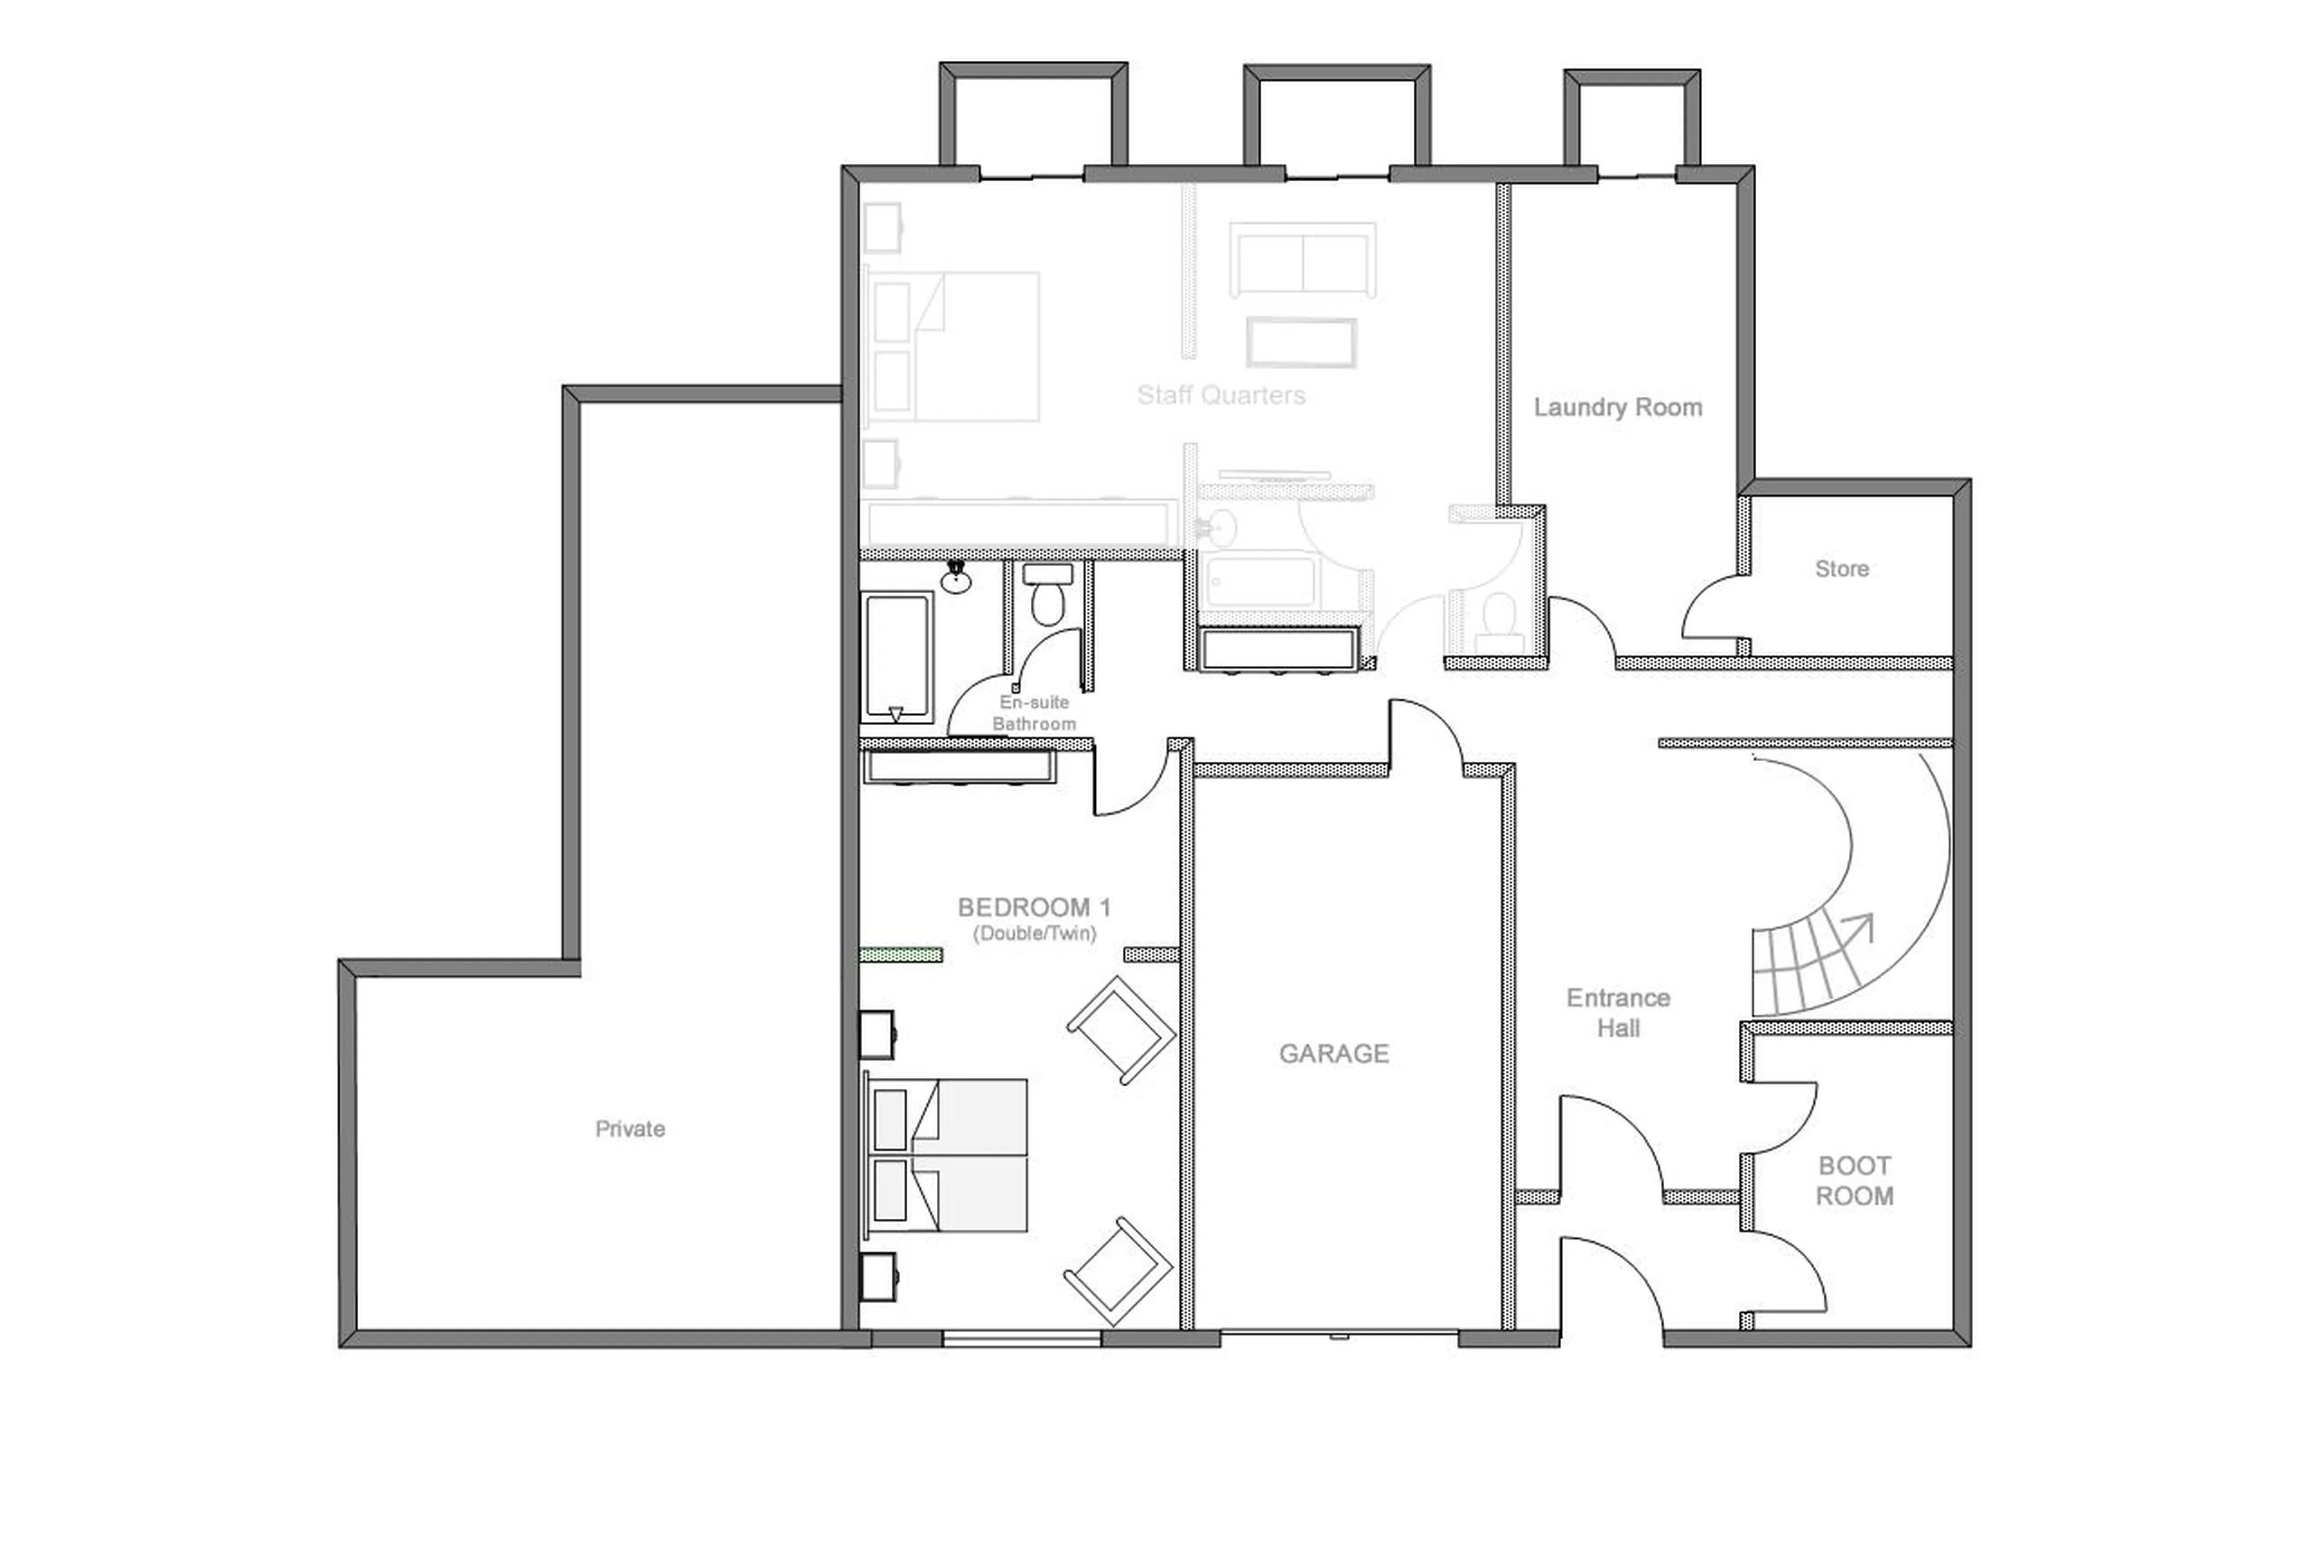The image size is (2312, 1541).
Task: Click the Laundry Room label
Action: (x=1617, y=407)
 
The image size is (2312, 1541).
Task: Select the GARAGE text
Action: (x=1334, y=1054)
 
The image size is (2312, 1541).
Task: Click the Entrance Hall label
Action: (x=1617, y=1012)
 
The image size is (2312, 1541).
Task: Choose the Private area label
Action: (x=630, y=1129)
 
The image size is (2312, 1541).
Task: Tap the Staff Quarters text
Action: (x=1220, y=395)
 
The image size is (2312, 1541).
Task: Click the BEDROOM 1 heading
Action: (x=1034, y=907)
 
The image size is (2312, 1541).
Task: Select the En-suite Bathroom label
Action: (x=1034, y=712)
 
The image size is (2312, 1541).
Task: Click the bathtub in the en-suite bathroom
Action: (x=896, y=656)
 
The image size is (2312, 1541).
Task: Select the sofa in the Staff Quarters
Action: (x=1302, y=260)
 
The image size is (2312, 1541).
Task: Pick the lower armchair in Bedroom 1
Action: (x=1118, y=1271)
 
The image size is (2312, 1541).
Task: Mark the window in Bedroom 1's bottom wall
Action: (x=1022, y=1337)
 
